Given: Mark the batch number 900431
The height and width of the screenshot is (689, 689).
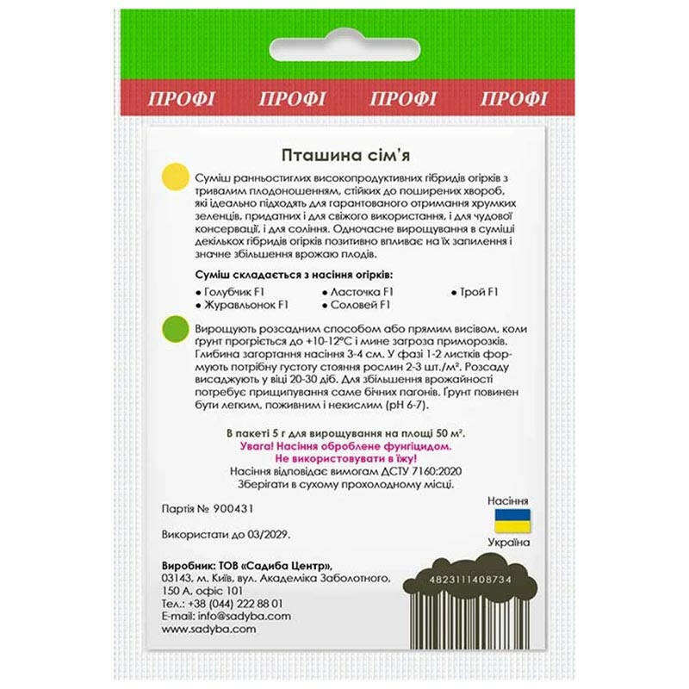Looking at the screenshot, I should pos(227,509).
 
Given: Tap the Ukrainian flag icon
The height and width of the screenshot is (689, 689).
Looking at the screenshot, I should pos(512,520).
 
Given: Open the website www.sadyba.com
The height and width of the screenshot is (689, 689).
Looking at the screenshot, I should pos(208,629).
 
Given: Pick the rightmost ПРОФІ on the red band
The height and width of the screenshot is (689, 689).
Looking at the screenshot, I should pos(513,98).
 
